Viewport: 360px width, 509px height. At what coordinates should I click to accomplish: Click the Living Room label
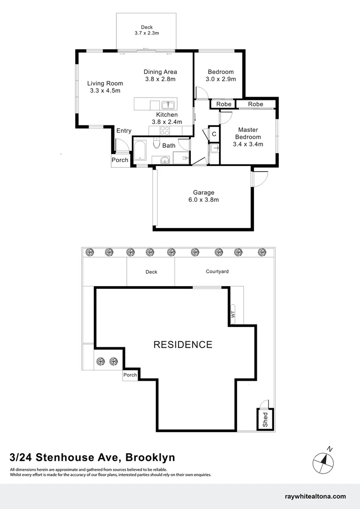[x=105, y=83]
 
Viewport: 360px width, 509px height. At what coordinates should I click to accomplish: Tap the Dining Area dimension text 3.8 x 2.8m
[x=160, y=79]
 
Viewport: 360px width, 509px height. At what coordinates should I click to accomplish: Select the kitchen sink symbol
[x=168, y=105]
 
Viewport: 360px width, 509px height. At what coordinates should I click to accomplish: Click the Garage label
[x=203, y=192]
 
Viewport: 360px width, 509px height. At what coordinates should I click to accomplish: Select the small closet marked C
[x=213, y=134]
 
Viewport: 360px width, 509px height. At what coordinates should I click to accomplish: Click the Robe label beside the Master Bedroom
[x=255, y=104]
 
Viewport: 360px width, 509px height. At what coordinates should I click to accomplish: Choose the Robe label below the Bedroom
[x=224, y=104]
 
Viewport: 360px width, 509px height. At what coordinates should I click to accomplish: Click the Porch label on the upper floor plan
[x=120, y=160]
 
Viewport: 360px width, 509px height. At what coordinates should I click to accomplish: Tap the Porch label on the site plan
[x=130, y=375]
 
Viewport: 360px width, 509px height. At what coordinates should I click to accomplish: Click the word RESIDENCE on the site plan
[x=183, y=345]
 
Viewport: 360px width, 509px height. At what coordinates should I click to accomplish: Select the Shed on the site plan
[x=265, y=419]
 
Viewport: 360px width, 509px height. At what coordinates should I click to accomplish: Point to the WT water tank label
[x=232, y=312]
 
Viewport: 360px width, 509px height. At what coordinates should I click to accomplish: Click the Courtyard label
[x=217, y=271]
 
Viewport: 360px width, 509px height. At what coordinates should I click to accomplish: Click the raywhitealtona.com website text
[x=316, y=496]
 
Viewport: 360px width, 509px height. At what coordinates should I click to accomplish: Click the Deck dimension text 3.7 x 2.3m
[x=147, y=33]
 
